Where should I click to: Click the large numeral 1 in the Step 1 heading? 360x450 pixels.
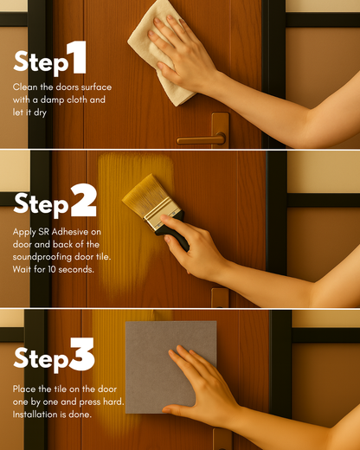(77, 57)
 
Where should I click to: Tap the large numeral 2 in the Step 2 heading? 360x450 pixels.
(83, 201)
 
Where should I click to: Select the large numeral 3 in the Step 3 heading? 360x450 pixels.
(82, 354)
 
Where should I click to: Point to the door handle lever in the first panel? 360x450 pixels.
(201, 140)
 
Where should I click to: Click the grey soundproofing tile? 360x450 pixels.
(170, 367)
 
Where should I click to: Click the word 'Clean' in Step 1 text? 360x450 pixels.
(23, 87)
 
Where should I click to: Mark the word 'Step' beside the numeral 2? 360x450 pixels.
(41, 204)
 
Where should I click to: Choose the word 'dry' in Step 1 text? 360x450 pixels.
(40, 112)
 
